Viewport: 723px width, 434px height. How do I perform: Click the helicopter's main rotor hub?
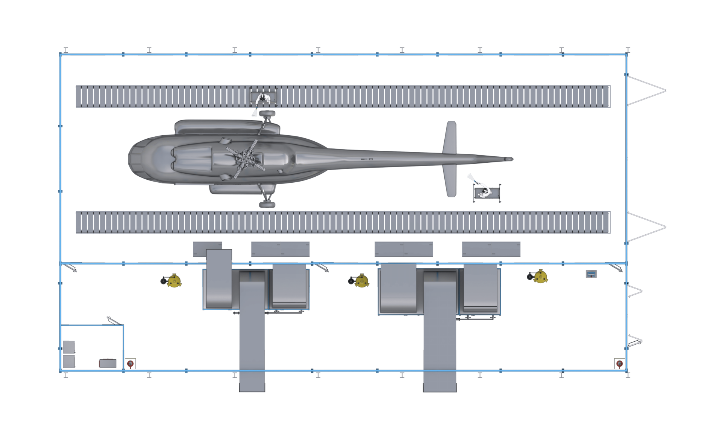[x=244, y=159]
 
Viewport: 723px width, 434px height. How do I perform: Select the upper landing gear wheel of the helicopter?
[x=267, y=114]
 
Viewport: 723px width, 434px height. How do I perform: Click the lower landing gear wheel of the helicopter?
[x=267, y=205]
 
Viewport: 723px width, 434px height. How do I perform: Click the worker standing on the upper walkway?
[x=264, y=99]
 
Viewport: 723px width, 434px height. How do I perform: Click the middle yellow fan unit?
[x=361, y=280]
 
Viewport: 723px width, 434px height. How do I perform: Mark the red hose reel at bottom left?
[x=130, y=364]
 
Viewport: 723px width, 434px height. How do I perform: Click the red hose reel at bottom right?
[x=619, y=364]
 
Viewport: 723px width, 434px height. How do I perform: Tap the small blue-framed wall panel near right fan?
[x=591, y=274]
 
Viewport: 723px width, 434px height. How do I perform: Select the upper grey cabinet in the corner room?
[x=69, y=347]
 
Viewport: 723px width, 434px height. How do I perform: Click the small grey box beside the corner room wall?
[x=108, y=363]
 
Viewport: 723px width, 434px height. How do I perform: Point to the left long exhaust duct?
[x=252, y=332]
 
